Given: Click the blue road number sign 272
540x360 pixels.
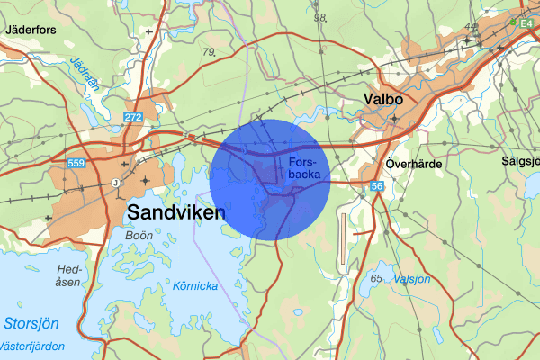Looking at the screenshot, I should coord(133,118).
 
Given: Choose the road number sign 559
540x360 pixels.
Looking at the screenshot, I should coord(76,163).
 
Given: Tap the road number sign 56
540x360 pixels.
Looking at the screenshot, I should coord(376,185).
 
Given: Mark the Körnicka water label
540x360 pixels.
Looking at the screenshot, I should coord(196,286).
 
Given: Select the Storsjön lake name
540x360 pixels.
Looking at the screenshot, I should coord(31,322).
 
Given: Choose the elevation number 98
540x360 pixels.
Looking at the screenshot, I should coord(319,18).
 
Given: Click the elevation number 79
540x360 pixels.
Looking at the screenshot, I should coord(210,52).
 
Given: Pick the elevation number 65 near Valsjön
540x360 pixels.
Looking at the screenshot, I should coord(376,278).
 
